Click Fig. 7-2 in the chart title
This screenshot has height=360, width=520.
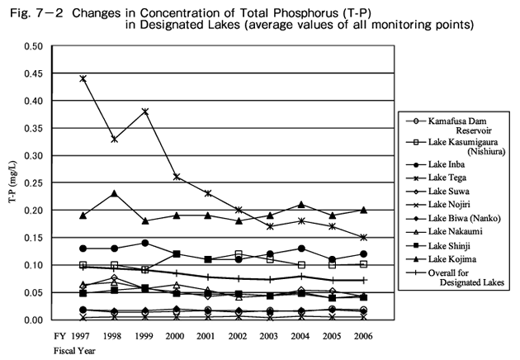(x=31, y=9)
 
